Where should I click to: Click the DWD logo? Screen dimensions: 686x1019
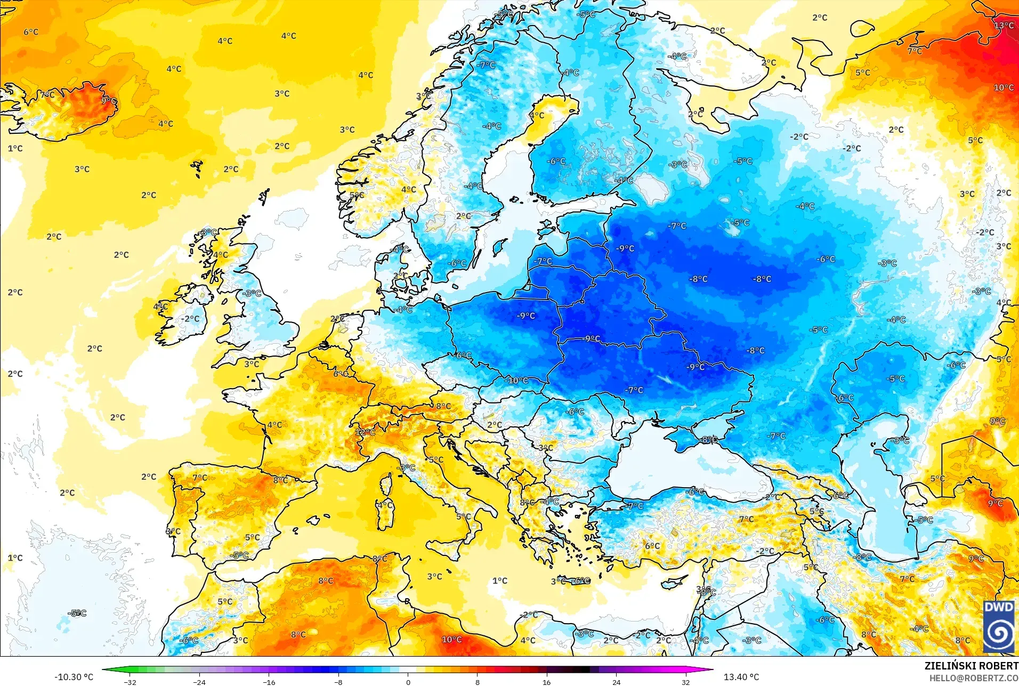pos(999,626)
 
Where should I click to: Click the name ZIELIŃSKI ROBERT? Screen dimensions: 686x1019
pos(971,666)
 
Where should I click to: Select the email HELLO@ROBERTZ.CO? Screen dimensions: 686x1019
pos(974,678)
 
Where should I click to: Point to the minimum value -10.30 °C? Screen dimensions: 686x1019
pos(74,677)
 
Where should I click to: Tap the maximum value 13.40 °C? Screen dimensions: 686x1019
pos(741,677)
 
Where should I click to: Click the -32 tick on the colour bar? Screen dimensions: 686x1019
pos(130,682)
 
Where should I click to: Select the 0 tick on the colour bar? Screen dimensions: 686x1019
pos(408,682)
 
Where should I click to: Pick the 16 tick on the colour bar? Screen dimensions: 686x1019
pos(546,682)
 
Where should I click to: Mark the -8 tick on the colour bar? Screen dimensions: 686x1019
pos(338,682)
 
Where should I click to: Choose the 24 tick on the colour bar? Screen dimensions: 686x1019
pos(616,682)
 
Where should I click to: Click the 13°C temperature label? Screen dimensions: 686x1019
pos(1004,26)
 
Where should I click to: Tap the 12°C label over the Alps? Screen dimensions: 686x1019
pos(365,432)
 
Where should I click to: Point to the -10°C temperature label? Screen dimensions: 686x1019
pos(517,381)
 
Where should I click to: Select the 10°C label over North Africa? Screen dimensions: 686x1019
pos(451,639)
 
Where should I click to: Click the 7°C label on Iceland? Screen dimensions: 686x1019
pos(47,95)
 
